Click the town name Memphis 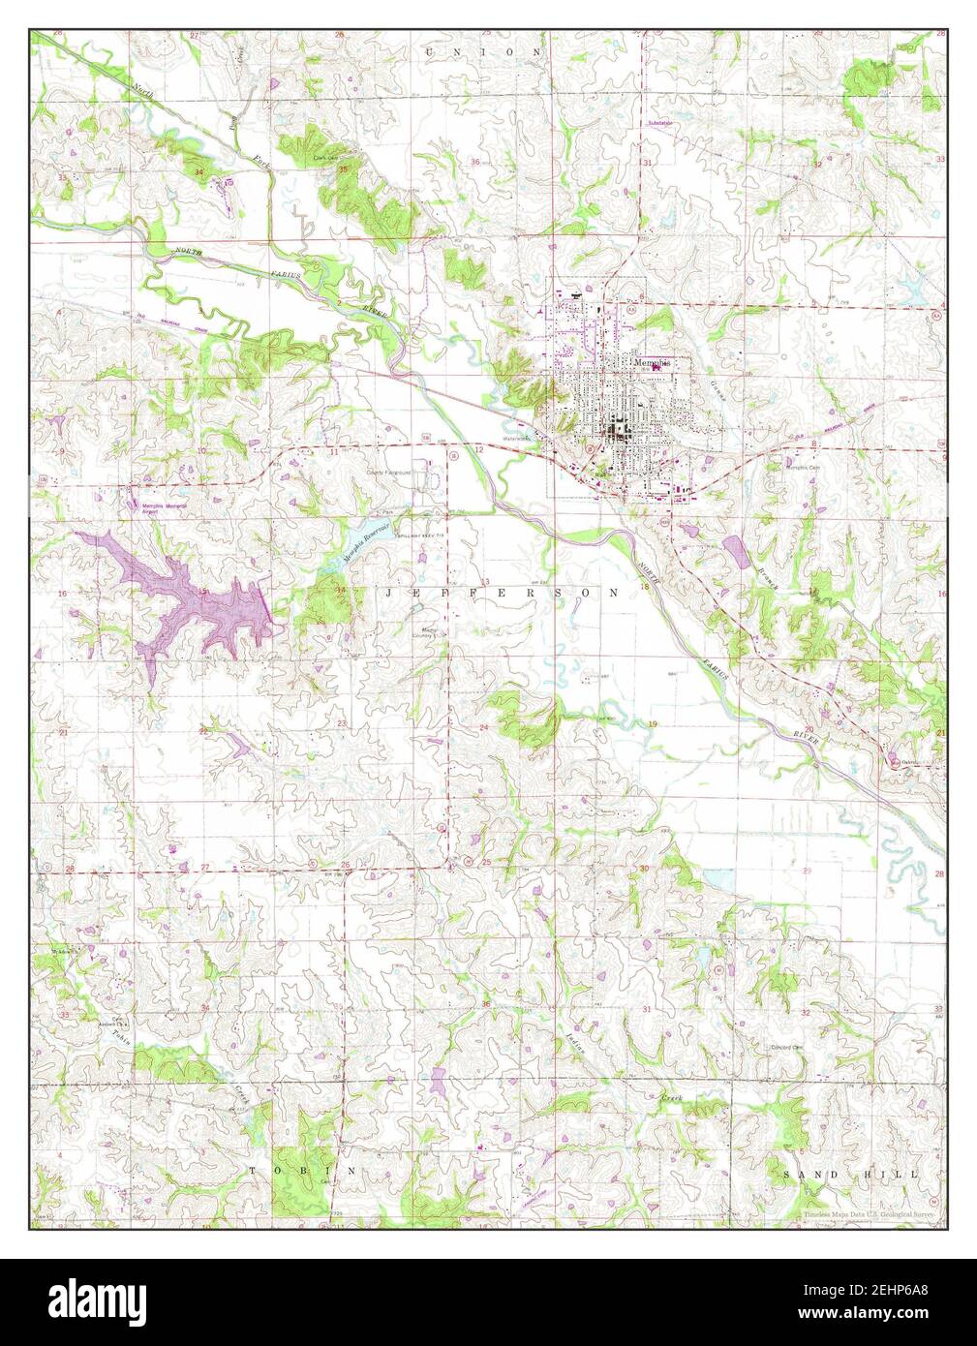pos(651,360)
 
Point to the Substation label pos(660,123)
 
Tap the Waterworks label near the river pos(530,436)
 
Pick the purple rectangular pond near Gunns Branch pos(735,549)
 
